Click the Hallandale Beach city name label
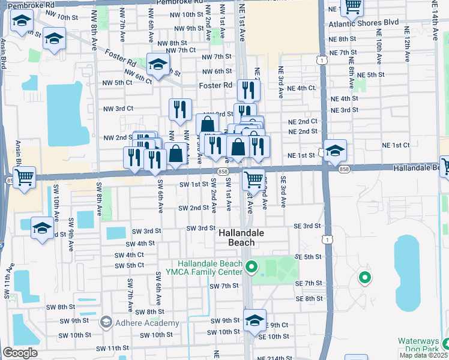point(236,237)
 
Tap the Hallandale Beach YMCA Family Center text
point(208,268)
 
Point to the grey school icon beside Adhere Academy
point(106,323)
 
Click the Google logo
point(20,353)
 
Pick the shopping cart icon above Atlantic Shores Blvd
point(352,7)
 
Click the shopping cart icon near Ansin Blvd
point(24,177)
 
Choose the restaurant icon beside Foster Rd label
point(247,90)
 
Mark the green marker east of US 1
point(364,278)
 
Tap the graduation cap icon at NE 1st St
point(335,149)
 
